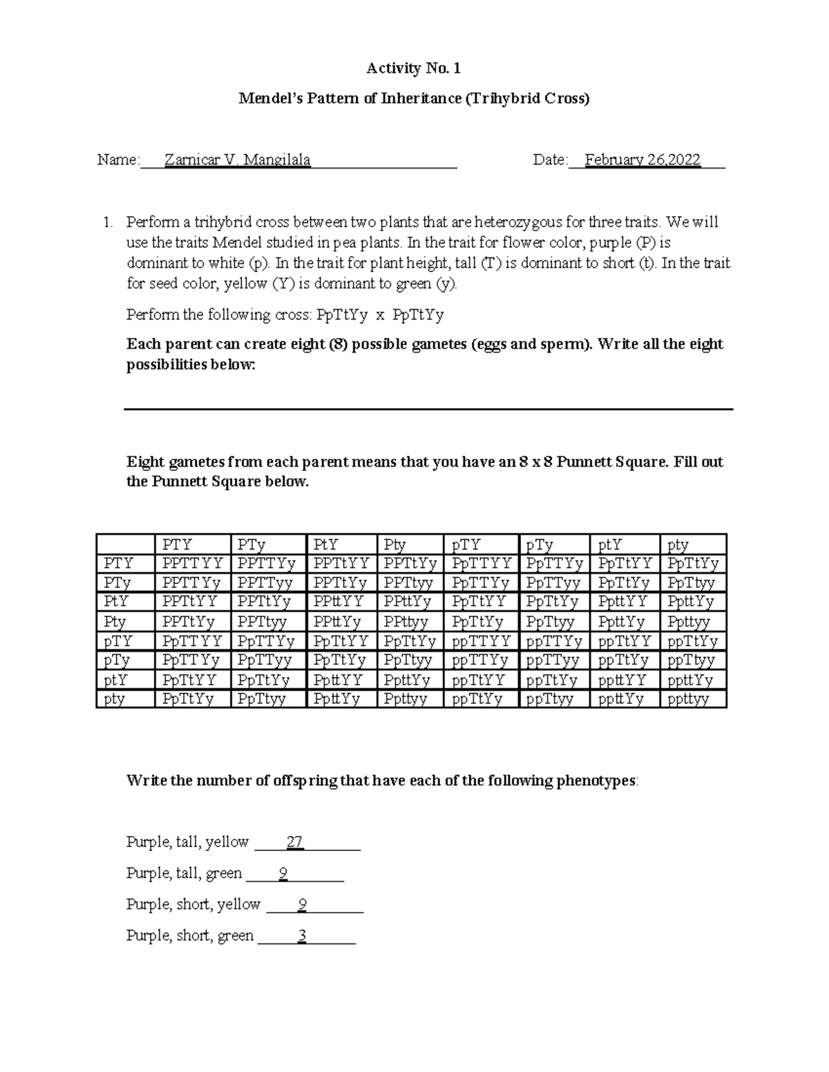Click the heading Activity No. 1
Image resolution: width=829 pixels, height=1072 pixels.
tap(413, 68)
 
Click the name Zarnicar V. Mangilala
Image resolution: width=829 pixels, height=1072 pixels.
tap(237, 160)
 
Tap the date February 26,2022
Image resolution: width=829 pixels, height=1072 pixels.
tap(642, 160)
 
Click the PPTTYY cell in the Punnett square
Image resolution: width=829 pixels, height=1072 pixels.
tap(193, 564)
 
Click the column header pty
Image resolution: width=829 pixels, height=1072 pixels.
tap(678, 545)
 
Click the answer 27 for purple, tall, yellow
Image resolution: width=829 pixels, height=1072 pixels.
tap(295, 842)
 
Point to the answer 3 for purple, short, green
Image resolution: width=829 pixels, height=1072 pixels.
tap(302, 936)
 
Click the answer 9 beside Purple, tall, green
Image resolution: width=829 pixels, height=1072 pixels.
tap(283, 874)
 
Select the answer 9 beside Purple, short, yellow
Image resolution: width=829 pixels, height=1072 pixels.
tap(303, 905)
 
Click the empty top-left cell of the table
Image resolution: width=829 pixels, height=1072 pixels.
tap(125, 544)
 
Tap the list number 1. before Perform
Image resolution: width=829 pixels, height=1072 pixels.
tap(107, 222)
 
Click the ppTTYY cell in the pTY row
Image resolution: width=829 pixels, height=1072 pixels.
tap(481, 641)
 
